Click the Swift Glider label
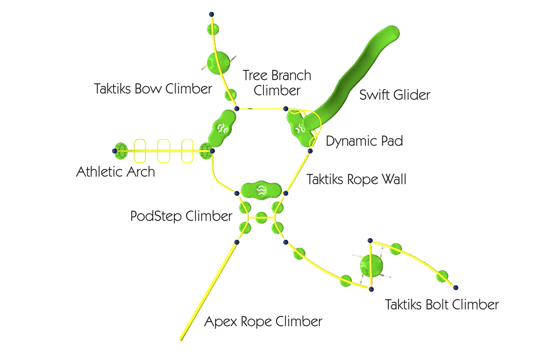click(394, 94)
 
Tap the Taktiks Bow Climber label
click(153, 89)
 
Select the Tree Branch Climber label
click(277, 82)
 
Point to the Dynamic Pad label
click(364, 141)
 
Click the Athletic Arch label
click(116, 171)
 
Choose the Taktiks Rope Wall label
click(356, 180)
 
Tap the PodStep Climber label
click(182, 216)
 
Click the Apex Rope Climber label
click(263, 321)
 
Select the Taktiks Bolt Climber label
click(442, 304)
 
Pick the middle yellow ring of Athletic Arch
click(164, 151)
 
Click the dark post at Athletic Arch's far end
click(115, 151)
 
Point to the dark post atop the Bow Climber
click(211, 14)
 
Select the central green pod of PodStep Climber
click(261, 217)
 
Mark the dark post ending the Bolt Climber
click(456, 288)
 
